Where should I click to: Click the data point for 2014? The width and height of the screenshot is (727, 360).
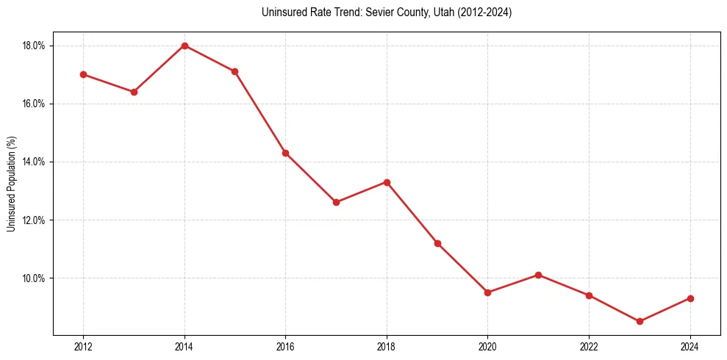(x=185, y=46)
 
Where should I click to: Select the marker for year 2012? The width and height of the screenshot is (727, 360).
(x=83, y=74)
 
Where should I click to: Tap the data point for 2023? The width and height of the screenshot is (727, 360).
(x=640, y=321)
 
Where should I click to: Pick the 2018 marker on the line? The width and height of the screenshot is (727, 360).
(x=387, y=182)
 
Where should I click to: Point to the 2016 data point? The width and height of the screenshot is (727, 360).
(x=285, y=153)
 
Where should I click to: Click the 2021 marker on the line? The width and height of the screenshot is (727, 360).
(x=538, y=275)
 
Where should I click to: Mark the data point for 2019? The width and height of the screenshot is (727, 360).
(x=437, y=243)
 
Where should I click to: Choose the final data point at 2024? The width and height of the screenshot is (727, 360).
(x=690, y=298)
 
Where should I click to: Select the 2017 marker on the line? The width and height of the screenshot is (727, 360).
(x=336, y=202)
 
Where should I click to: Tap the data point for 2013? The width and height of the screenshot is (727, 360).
(x=134, y=92)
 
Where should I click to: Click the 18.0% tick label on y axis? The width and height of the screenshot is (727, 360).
(x=34, y=46)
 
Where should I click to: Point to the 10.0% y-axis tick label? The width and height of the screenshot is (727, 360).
(x=34, y=278)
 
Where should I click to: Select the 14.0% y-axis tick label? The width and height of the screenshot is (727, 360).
(x=34, y=162)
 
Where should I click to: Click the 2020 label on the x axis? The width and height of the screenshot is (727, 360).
(x=487, y=347)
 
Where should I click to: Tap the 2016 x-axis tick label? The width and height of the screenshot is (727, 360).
(x=285, y=347)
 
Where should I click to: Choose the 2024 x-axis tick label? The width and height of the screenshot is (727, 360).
(x=690, y=347)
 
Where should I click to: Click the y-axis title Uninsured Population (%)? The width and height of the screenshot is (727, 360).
(x=11, y=184)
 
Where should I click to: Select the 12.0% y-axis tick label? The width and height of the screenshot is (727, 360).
(x=34, y=220)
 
